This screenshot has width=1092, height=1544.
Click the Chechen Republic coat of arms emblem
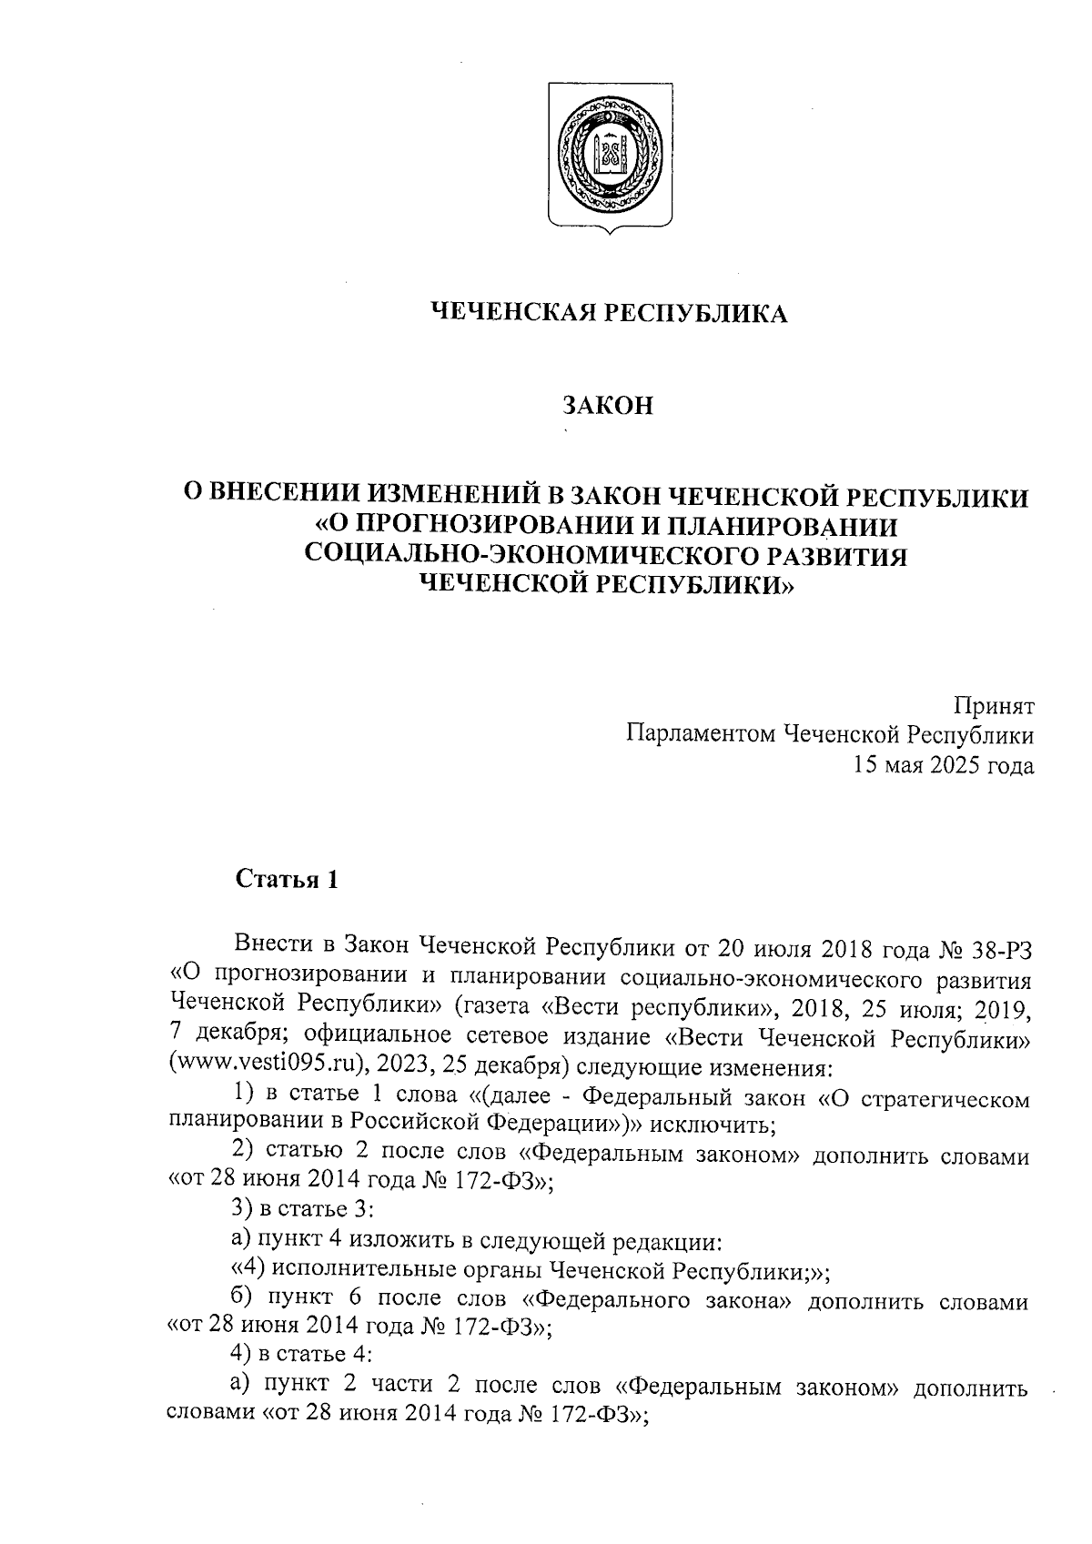tap(610, 156)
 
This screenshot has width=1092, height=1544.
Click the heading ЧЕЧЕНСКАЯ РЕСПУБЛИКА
tap(608, 314)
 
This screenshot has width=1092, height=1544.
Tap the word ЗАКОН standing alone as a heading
tap(608, 406)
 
